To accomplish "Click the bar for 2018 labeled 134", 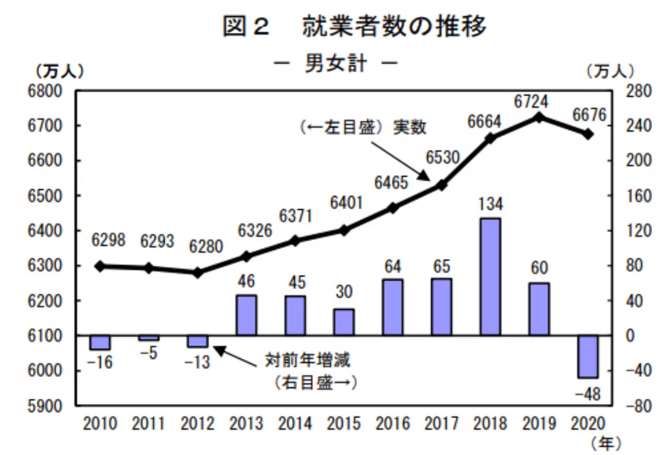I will tap(491, 277).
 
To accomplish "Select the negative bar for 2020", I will tap(588, 356).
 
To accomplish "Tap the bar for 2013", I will tap(246, 316).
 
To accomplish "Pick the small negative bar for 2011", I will tap(148, 338).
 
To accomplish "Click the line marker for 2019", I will tap(540, 117).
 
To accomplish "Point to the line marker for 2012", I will tap(198, 272).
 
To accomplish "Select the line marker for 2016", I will tap(392, 208).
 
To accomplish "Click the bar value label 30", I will tap(344, 292).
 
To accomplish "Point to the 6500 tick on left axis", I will tap(48, 196).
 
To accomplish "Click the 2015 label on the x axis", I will tap(344, 423).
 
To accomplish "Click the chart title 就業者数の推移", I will tap(394, 27).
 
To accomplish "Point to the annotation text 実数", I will tap(410, 127).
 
